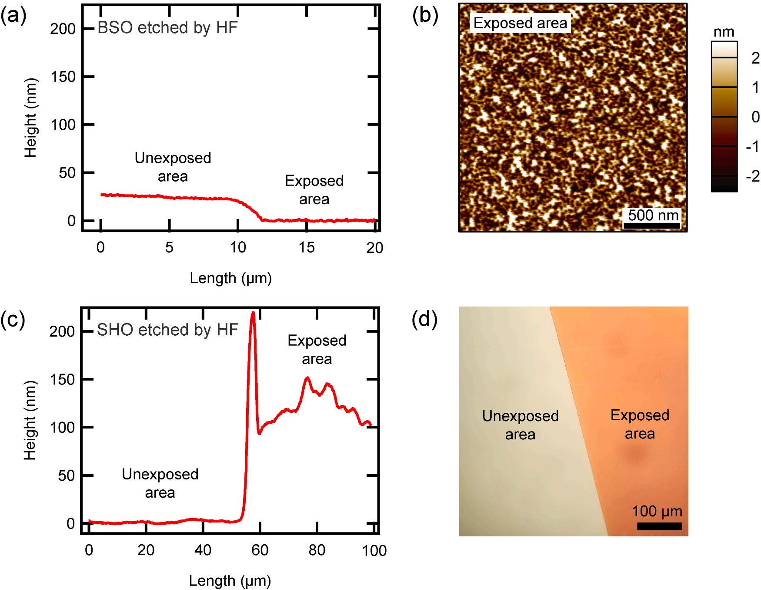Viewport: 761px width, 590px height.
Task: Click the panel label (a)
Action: pos(13,16)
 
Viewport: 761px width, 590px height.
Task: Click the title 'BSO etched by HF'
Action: pos(167,27)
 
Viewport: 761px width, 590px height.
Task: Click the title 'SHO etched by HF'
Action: pos(167,330)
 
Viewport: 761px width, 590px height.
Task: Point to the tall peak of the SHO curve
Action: pos(253,314)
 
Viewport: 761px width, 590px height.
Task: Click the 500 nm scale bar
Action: pos(651,226)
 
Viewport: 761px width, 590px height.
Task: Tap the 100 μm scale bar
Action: pos(659,526)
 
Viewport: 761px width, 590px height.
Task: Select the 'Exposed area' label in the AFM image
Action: pos(520,23)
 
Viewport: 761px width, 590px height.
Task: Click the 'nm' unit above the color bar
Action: pos(724,32)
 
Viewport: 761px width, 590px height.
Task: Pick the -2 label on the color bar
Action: pos(752,176)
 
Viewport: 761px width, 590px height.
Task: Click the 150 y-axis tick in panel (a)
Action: pos(63,77)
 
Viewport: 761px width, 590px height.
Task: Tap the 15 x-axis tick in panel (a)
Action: pos(307,247)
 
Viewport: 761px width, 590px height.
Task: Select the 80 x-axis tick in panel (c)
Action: pos(317,550)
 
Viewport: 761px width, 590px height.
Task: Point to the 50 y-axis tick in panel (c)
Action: pos(66,475)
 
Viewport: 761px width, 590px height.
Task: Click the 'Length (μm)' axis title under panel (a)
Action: pos(230,278)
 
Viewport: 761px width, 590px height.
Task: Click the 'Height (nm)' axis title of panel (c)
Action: pos(30,420)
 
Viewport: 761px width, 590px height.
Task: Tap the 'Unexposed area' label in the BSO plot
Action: pos(173,167)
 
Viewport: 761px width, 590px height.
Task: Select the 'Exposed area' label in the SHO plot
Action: pos(317,349)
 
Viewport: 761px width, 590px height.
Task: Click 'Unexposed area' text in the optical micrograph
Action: pos(520,425)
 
